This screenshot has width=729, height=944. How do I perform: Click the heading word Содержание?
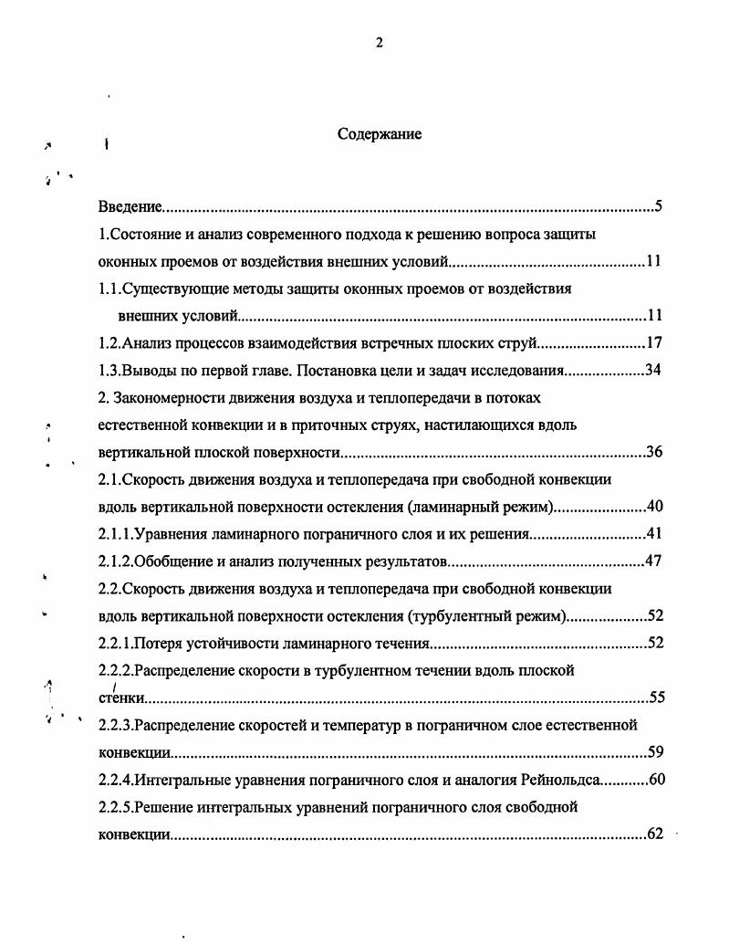(x=380, y=134)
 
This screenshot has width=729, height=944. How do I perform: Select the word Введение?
(x=130, y=206)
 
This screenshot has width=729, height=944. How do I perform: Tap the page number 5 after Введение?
(x=658, y=206)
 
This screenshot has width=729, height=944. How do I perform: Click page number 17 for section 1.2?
(x=653, y=343)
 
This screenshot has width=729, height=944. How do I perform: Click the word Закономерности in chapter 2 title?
(x=171, y=398)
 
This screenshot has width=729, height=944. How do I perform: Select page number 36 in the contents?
(x=653, y=453)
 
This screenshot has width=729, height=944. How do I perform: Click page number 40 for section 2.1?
(x=653, y=507)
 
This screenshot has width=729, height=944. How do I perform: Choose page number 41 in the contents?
(x=653, y=534)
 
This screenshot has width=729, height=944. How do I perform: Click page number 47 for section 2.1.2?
(x=653, y=561)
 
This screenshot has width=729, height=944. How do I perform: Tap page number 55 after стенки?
(x=657, y=698)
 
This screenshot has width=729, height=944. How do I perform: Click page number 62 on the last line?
(x=653, y=834)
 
